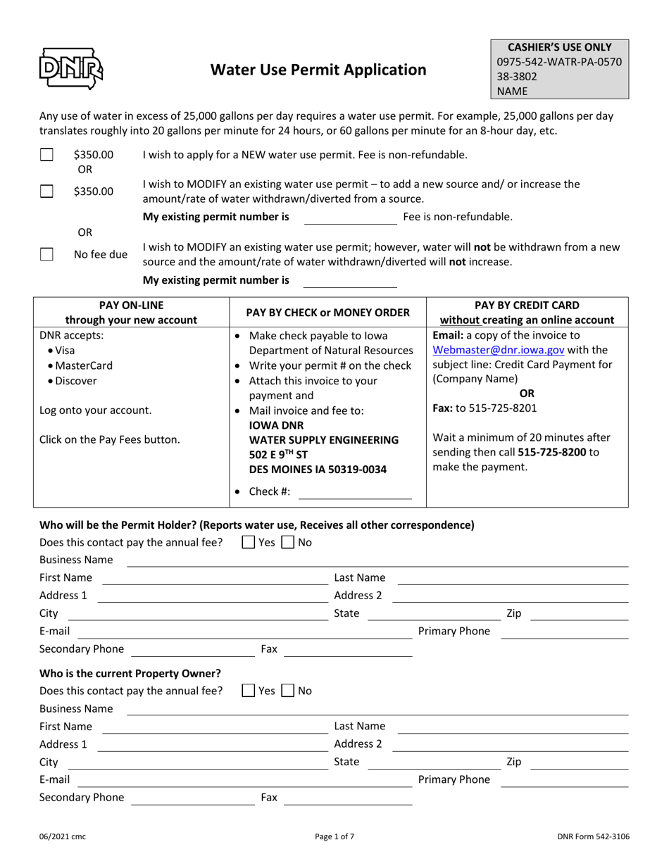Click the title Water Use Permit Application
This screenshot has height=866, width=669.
pos(319,70)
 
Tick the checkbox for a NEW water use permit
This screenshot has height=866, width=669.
pos(46,154)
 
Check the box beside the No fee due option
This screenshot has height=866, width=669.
pos(46,254)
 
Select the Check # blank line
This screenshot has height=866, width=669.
pos(355,492)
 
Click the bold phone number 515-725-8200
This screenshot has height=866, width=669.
pos(551,451)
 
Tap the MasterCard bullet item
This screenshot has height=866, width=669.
pos(83,365)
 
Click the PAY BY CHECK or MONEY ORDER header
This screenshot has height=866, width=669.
pos(327,313)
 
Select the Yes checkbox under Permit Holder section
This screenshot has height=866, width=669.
pos(249,542)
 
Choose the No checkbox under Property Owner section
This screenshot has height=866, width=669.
pos(287,691)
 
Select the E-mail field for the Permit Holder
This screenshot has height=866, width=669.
pos(244,632)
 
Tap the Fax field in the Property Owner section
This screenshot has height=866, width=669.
pos(347,798)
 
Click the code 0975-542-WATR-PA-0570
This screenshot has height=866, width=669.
pos(559,61)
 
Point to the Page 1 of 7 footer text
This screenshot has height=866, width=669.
pos(334,836)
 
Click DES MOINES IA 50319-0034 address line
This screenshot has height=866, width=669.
pos(318,468)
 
